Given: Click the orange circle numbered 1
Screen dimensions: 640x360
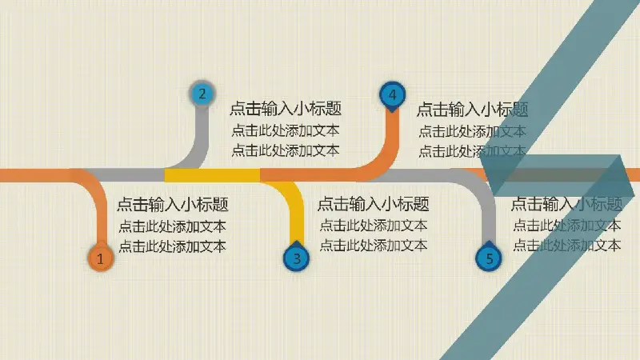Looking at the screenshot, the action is pyautogui.click(x=100, y=258).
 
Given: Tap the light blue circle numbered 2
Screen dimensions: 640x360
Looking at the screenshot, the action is pyautogui.click(x=202, y=94).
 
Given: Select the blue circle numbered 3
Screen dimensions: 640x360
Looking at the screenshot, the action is pyautogui.click(x=296, y=258).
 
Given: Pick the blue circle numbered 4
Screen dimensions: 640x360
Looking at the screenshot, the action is pyautogui.click(x=392, y=94).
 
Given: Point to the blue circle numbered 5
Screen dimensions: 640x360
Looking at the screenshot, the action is pyautogui.click(x=489, y=258).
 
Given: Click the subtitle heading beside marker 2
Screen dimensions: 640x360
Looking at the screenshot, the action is pyautogui.click(x=286, y=109).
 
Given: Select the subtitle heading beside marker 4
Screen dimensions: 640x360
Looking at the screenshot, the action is pyautogui.click(x=472, y=110).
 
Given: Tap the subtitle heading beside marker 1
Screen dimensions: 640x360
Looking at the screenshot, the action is pyautogui.click(x=173, y=204).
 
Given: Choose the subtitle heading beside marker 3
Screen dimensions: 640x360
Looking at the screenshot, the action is pyautogui.click(x=373, y=204).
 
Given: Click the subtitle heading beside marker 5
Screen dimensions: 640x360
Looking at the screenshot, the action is pyautogui.click(x=566, y=204).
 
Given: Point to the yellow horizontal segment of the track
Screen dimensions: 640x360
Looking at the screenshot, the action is pyautogui.click(x=212, y=175).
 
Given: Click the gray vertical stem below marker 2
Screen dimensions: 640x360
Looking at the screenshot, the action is pyautogui.click(x=202, y=133).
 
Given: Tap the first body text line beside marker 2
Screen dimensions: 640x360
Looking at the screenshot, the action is pyautogui.click(x=286, y=130).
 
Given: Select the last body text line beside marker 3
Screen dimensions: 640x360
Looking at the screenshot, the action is pyautogui.click(x=373, y=246).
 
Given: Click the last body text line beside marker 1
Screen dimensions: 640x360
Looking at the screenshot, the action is pyautogui.click(x=172, y=246).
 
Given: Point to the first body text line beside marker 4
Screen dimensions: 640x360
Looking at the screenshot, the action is pyautogui.click(x=472, y=131).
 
